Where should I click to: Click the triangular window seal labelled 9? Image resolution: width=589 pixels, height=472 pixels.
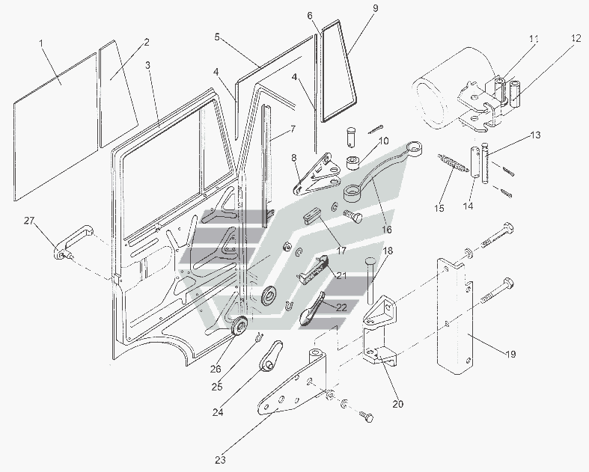pos(341,75)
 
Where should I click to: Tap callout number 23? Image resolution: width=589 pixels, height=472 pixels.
pos(221,460)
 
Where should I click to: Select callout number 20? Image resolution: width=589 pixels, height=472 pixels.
pos(397,404)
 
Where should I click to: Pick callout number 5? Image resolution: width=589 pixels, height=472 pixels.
pos(216,36)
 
